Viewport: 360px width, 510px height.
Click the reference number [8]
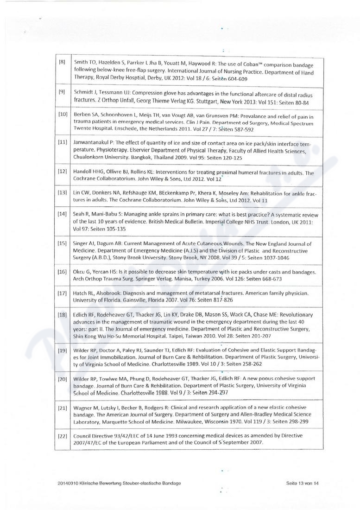[x=61, y=61]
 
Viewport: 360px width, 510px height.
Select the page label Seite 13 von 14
[x=303, y=483]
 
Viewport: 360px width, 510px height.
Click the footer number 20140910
[x=66, y=483]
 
